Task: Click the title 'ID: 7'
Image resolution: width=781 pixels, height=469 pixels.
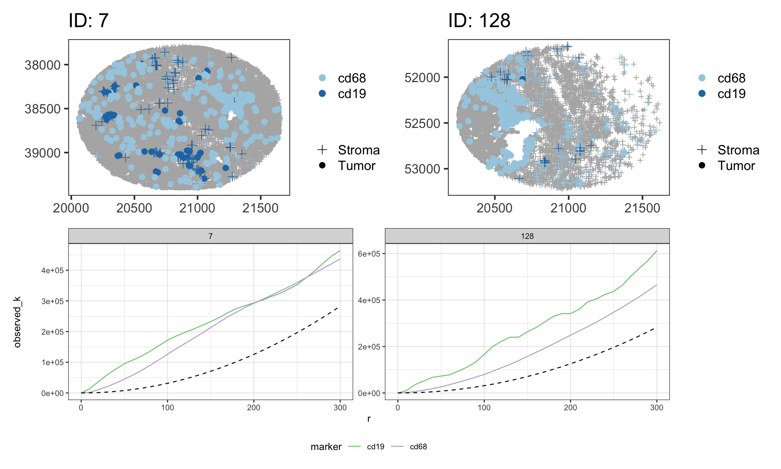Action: click(88, 21)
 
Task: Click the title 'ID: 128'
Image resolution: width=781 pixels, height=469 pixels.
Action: click(479, 21)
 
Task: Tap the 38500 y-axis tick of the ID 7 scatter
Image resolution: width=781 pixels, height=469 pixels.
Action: click(42, 109)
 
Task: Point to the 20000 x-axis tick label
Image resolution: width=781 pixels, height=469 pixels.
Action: click(71, 208)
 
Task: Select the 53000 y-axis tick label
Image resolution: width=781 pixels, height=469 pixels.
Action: click(422, 169)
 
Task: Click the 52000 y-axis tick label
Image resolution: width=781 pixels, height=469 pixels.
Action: click(422, 78)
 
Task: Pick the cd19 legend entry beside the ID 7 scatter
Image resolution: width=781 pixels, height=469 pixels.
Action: click(352, 94)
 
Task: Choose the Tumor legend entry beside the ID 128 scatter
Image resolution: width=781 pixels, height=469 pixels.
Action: click(736, 166)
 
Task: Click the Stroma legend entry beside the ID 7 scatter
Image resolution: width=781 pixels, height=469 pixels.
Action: click(359, 150)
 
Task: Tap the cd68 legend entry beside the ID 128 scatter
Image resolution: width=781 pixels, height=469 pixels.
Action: click(731, 78)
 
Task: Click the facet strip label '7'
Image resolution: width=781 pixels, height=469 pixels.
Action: click(211, 236)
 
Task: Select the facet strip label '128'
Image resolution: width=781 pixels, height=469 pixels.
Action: click(527, 236)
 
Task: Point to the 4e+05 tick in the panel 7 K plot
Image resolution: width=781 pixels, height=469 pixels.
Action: click(52, 270)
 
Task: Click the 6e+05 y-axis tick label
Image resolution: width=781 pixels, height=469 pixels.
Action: click(369, 254)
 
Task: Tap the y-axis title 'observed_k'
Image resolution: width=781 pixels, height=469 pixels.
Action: click(17, 322)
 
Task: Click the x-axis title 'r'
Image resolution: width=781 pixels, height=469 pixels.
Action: click(369, 419)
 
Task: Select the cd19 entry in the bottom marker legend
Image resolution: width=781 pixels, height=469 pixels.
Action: click(375, 447)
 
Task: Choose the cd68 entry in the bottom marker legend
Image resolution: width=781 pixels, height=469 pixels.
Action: click(418, 447)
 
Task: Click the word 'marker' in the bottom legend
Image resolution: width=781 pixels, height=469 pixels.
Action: click(326, 447)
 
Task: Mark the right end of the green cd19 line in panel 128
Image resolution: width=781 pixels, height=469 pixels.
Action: click(657, 251)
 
